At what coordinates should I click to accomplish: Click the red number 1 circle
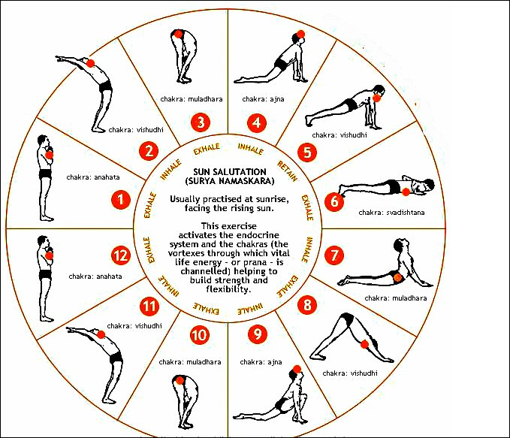[x=121, y=200]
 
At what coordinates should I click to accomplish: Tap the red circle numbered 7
[x=334, y=255]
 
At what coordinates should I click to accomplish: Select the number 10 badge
[x=199, y=335]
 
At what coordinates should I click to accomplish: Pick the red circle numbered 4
[x=257, y=122]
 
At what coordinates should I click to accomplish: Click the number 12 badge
[x=121, y=255]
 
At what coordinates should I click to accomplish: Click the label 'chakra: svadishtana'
[x=391, y=213]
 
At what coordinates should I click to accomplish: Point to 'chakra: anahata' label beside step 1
[x=93, y=177]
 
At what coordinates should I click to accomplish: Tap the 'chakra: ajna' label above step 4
[x=263, y=99]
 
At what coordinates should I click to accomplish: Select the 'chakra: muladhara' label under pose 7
[x=396, y=298]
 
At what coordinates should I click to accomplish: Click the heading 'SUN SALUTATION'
[x=230, y=172]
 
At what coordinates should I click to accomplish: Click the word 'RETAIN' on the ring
[x=287, y=171]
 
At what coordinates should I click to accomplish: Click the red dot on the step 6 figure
[x=406, y=192]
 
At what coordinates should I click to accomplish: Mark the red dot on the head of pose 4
[x=300, y=34]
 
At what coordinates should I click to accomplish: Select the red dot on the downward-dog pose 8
[x=364, y=344]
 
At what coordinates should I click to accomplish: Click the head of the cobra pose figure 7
[x=400, y=244]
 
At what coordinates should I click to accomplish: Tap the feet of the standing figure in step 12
[x=47, y=319]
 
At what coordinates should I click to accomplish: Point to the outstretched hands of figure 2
[x=61, y=59]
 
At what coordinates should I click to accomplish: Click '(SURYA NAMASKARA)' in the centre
[x=230, y=181]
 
